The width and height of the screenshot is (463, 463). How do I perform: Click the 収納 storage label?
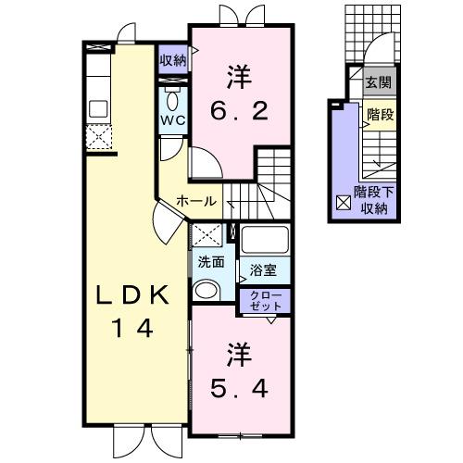point(172,60)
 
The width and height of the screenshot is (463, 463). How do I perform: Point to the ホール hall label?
point(196,201)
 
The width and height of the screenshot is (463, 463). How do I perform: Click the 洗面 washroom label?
point(210,262)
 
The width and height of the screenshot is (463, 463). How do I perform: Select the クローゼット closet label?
point(265,299)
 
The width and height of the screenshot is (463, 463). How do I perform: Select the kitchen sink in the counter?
point(98,108)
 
